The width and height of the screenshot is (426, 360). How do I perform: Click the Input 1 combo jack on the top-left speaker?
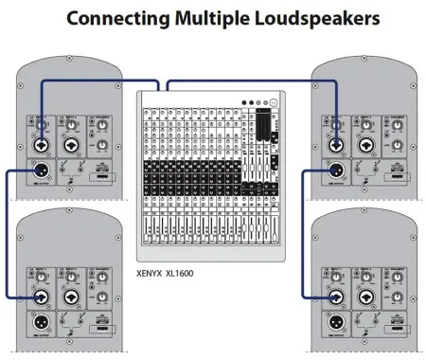click(44, 148)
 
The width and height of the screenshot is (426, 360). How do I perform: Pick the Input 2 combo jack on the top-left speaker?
click(73, 148)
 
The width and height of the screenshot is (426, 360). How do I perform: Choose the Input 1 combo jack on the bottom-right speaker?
click(339, 297)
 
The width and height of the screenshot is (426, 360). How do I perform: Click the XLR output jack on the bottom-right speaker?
click(339, 324)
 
